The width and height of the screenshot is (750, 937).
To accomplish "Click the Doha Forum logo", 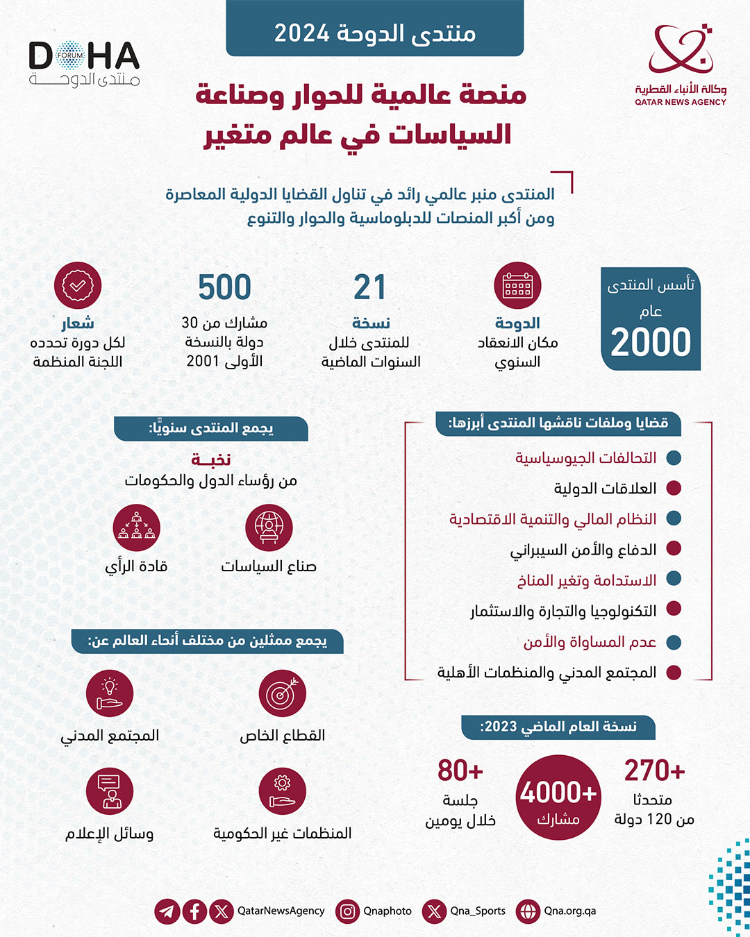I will pyautogui.click(x=84, y=63).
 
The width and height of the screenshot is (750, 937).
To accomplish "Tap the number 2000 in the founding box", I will pyautogui.click(x=651, y=342).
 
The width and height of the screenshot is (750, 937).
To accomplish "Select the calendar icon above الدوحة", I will pyautogui.click(x=517, y=285).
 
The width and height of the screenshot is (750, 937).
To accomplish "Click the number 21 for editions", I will pyautogui.click(x=369, y=287).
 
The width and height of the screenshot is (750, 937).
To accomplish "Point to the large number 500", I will pyautogui.click(x=224, y=287).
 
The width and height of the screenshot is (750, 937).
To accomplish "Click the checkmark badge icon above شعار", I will pyautogui.click(x=78, y=285).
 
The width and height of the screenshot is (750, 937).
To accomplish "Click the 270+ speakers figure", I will pyautogui.click(x=654, y=770).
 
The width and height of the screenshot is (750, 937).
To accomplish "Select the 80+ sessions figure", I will pyautogui.click(x=460, y=770).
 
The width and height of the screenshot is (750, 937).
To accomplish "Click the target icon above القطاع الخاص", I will pyautogui.click(x=282, y=693).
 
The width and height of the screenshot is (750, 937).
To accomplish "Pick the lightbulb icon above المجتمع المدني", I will pyautogui.click(x=110, y=693).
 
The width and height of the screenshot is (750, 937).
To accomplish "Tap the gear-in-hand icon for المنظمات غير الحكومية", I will pyautogui.click(x=282, y=791).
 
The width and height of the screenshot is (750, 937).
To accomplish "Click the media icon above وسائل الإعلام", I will pyautogui.click(x=110, y=791).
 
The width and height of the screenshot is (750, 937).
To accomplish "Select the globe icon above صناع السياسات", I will pyautogui.click(x=269, y=527).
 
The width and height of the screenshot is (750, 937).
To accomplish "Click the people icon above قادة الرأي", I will pyautogui.click(x=136, y=527).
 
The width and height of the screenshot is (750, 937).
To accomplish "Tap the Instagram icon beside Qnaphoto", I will pyautogui.click(x=347, y=911).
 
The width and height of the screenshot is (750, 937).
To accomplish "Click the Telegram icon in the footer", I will pyautogui.click(x=167, y=911).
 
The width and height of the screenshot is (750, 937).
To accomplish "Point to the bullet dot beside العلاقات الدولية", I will pyautogui.click(x=673, y=488).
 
